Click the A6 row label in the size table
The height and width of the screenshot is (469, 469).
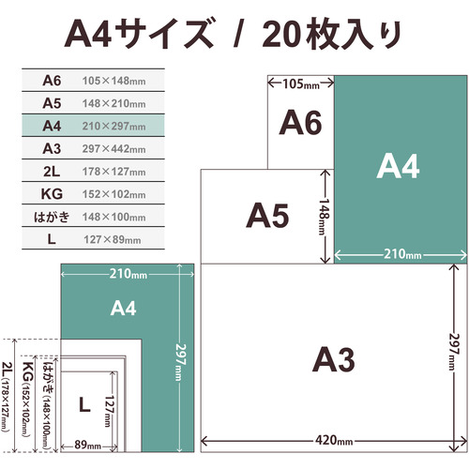52,81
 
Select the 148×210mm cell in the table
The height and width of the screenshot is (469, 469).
113,103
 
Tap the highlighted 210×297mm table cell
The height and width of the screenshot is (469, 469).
113,126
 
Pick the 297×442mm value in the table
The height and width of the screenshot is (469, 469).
113,149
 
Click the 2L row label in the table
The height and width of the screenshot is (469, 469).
52,172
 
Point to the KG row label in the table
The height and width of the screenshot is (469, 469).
52,194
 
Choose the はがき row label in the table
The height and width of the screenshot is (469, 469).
52,217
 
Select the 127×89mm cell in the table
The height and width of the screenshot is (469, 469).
112,239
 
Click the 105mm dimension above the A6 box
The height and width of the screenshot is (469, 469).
301,83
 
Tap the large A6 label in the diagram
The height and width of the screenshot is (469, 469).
300,123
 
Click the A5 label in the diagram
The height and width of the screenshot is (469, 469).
267,216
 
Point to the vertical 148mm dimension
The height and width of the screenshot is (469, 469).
325,217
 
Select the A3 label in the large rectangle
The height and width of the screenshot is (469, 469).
334,359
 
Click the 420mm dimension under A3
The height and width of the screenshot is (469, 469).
334,441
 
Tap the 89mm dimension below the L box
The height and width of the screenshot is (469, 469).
87,446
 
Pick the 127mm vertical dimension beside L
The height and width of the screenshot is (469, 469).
109,411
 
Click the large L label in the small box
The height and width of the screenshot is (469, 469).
84,405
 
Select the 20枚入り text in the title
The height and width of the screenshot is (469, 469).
331,34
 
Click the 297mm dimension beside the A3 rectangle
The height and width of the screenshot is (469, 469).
454,353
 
